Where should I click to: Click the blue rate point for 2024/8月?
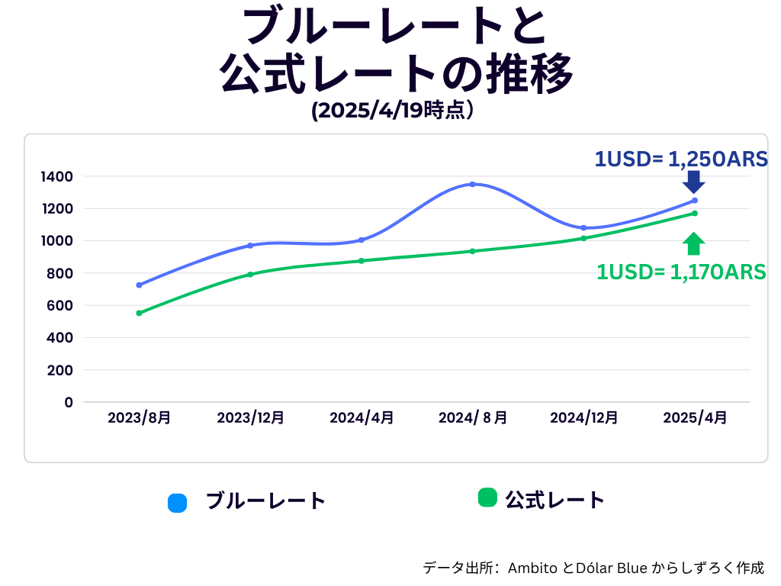pyautogui.click(x=472, y=184)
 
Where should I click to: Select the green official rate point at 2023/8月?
pyautogui.click(x=139, y=313)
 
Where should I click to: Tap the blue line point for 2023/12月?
pyautogui.click(x=250, y=246)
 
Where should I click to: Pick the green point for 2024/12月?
pyautogui.click(x=583, y=238)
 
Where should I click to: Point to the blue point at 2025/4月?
pyautogui.click(x=694, y=201)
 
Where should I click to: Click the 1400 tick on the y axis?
pyautogui.click(x=57, y=177)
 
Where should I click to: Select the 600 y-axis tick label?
pyautogui.click(x=61, y=305)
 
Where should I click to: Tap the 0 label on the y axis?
pyautogui.click(x=69, y=402)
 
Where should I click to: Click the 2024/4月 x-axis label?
pyautogui.click(x=362, y=418)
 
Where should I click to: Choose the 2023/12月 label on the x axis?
pyautogui.click(x=250, y=418)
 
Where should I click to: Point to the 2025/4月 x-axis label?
pyautogui.click(x=695, y=418)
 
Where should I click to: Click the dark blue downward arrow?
pyautogui.click(x=693, y=182)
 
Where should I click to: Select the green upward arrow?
pyautogui.click(x=693, y=243)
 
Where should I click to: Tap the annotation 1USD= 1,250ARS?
pyautogui.click(x=680, y=159)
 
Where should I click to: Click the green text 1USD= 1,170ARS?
pyautogui.click(x=681, y=272)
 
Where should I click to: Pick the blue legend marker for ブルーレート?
pyautogui.click(x=177, y=503)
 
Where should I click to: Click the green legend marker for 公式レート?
pyautogui.click(x=487, y=497)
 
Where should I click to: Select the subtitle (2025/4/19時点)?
pyautogui.click(x=394, y=111)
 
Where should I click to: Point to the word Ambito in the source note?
pyautogui.click(x=532, y=568)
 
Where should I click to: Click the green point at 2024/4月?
pyautogui.click(x=362, y=261)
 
